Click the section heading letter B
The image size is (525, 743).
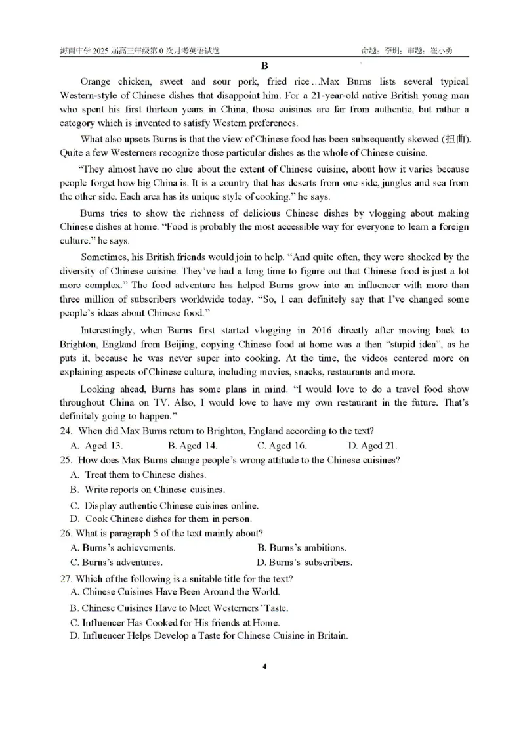coord(264,65)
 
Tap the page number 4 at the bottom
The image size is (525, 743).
coord(264,666)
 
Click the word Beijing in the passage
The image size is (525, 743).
coord(157,345)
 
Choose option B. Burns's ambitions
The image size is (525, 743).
coord(301,547)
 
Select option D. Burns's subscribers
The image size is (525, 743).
coord(304,563)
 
